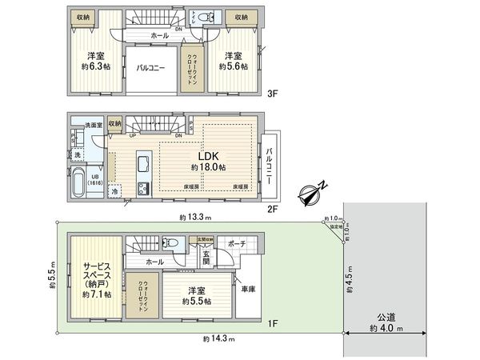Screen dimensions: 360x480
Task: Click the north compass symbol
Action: click(313, 191)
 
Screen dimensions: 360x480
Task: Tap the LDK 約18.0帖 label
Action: click(208, 161)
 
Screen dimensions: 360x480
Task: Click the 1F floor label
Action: click(272, 323)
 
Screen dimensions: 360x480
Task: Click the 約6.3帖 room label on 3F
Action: click(97, 62)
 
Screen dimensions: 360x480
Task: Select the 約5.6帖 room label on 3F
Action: click(233, 62)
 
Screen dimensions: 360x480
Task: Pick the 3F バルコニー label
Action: click(150, 69)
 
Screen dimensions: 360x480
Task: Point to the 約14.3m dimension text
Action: click(218, 339)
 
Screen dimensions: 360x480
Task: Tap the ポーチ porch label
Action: click(237, 242)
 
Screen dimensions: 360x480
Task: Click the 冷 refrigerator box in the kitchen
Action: click(115, 192)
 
